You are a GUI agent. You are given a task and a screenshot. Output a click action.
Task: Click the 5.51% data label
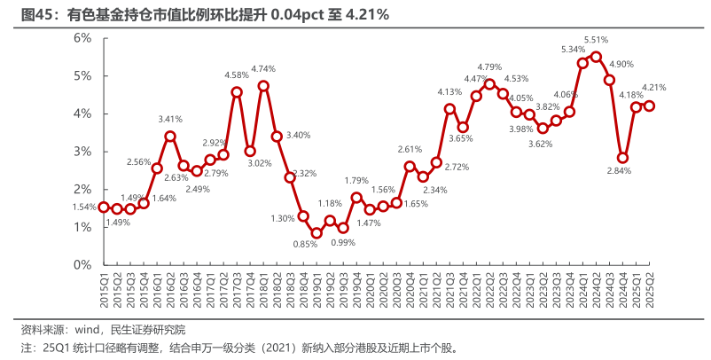pyautogui.click(x=596, y=40)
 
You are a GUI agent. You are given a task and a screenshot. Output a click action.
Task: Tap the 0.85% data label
pyautogui.click(x=305, y=244)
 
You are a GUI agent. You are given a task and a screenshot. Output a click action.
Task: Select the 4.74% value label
pyautogui.click(x=263, y=68)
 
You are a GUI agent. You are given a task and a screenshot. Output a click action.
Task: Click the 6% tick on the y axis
pyautogui.click(x=83, y=37)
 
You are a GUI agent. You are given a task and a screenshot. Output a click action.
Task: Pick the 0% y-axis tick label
pyautogui.click(x=83, y=265)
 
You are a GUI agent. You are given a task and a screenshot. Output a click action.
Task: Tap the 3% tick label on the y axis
pyautogui.click(x=83, y=152)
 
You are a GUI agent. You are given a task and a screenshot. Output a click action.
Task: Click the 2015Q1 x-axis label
pyautogui.click(x=104, y=292)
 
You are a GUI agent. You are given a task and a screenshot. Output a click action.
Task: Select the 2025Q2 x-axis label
pyautogui.click(x=649, y=292)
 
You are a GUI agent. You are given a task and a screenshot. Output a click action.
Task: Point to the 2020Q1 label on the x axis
pyautogui.click(x=370, y=292)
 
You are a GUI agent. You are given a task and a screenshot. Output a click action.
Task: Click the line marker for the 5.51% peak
pyautogui.click(x=596, y=57)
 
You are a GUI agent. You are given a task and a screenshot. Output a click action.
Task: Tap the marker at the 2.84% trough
pyautogui.click(x=623, y=158)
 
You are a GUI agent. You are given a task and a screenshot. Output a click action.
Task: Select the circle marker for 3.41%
pyautogui.click(x=170, y=137)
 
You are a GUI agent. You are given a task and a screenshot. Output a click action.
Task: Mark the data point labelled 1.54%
pyautogui.click(x=104, y=207)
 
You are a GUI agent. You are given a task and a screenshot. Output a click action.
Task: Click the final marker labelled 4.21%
pyautogui.click(x=649, y=106)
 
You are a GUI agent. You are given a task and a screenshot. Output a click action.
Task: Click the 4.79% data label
pyautogui.click(x=490, y=67)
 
